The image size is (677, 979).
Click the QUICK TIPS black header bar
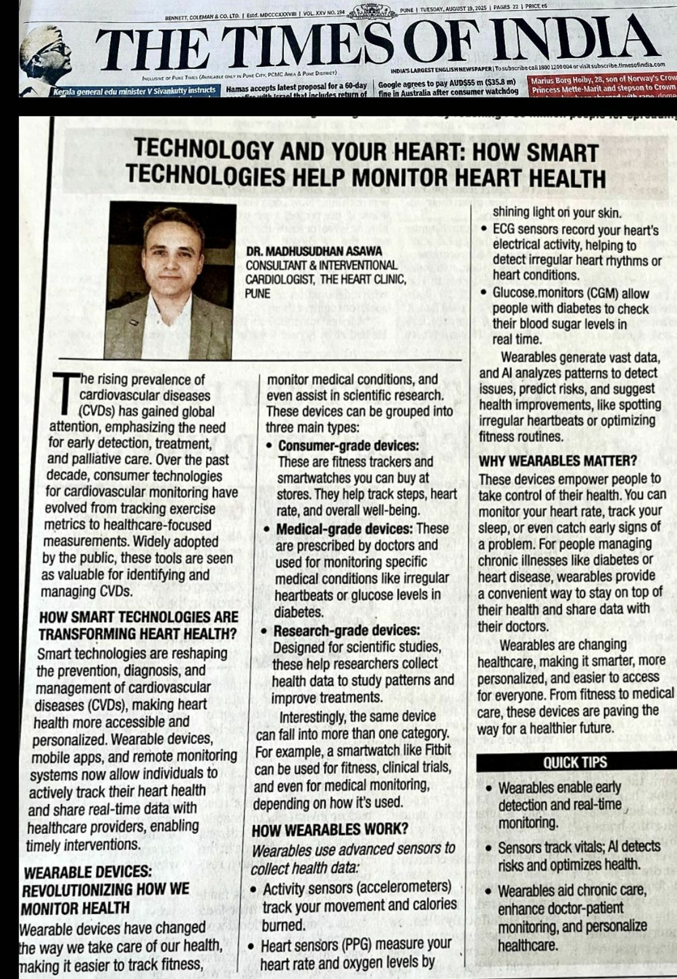coord(575,763)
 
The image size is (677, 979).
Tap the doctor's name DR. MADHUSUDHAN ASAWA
coord(314,251)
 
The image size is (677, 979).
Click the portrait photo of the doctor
coord(170,281)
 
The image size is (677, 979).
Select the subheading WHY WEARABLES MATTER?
coord(557,461)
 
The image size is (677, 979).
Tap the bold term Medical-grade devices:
coord(344,529)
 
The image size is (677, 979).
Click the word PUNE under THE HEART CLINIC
coord(258,293)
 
